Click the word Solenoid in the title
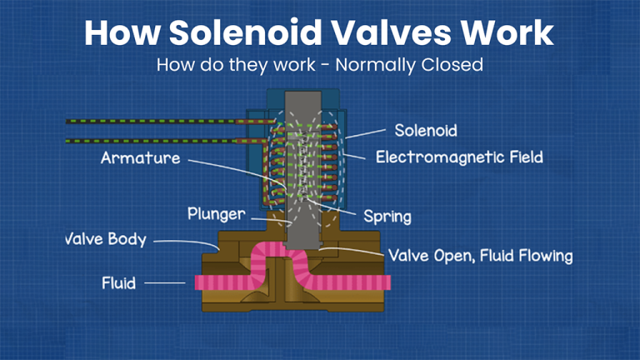(x=246, y=32)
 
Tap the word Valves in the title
(x=391, y=32)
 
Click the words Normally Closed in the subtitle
(x=409, y=65)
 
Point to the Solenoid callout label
(x=426, y=131)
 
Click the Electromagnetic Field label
(x=459, y=157)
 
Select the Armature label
(x=140, y=158)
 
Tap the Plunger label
(x=217, y=214)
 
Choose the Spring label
(x=387, y=217)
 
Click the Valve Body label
(x=106, y=239)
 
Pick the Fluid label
(x=118, y=282)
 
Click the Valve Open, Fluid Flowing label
(x=480, y=256)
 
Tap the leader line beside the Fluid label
(x=165, y=282)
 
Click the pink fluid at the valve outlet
(x=350, y=282)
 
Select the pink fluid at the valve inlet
(x=222, y=282)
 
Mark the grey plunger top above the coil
(x=302, y=101)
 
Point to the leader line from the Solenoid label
(x=365, y=134)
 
